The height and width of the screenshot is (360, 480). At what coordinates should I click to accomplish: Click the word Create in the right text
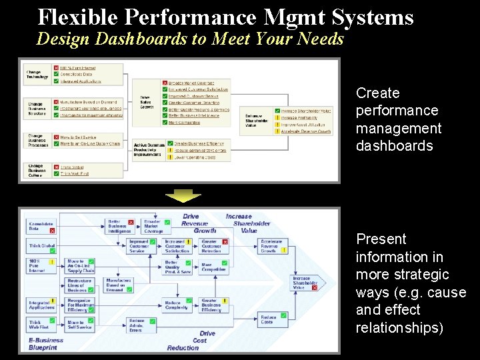(x=377, y=93)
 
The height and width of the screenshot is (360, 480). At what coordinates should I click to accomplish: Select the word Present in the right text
(x=381, y=239)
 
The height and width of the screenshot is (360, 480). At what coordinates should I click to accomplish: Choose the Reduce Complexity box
(x=177, y=305)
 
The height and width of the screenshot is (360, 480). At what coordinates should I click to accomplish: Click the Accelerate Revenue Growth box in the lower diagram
(x=272, y=246)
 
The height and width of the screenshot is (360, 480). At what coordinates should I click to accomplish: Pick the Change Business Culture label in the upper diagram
(x=36, y=170)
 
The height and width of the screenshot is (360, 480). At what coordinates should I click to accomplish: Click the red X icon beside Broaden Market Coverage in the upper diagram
(x=165, y=83)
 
